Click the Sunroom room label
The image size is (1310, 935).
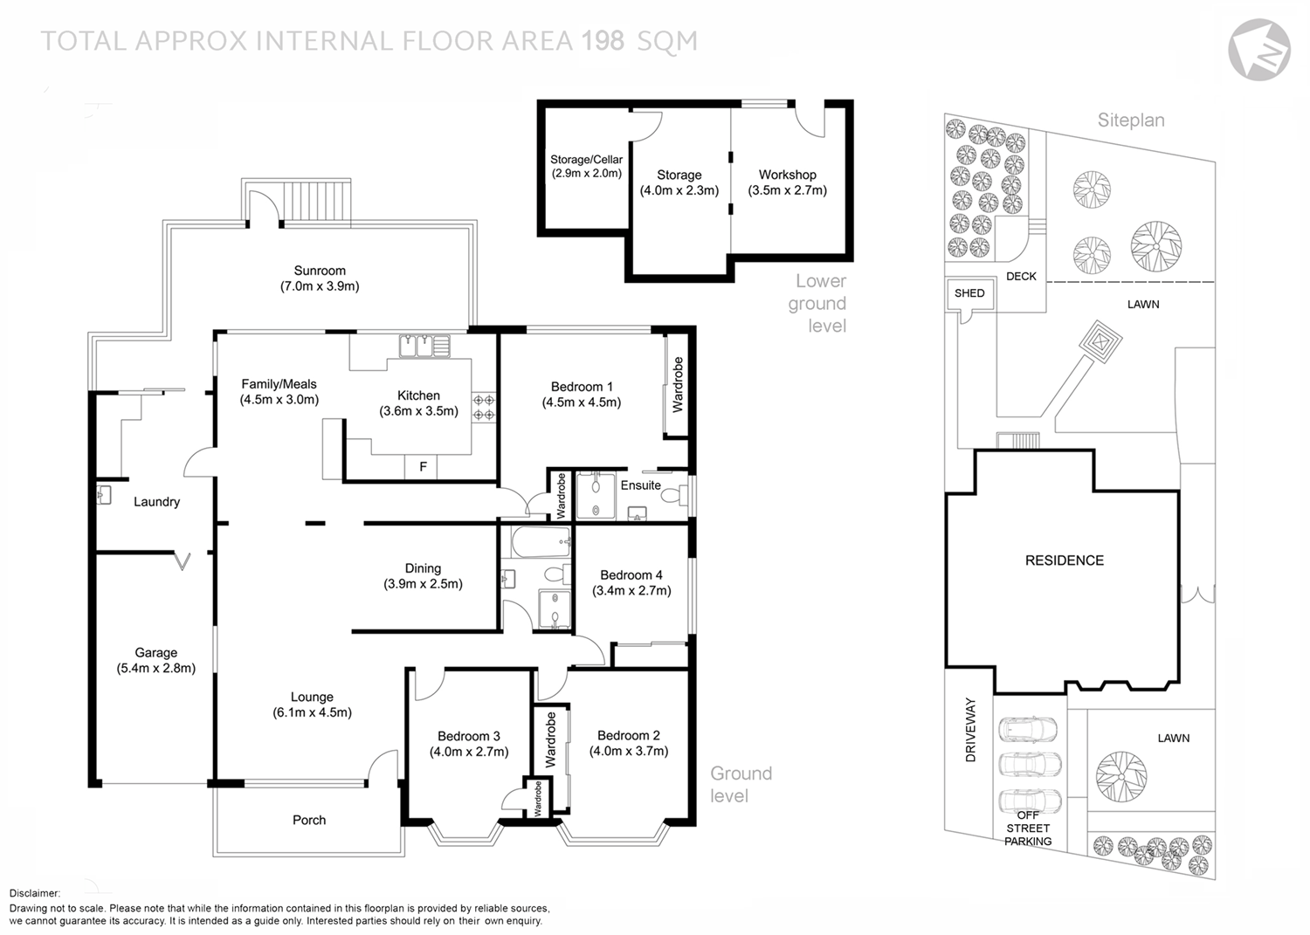click(320, 271)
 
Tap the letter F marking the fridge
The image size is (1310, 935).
click(424, 467)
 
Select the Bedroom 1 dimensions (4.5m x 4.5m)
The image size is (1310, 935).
click(581, 402)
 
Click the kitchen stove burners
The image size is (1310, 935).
click(484, 408)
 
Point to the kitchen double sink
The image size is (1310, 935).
click(424, 347)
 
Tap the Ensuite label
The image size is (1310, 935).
click(640, 485)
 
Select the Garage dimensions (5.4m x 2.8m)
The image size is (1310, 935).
click(156, 669)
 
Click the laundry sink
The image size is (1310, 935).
click(104, 495)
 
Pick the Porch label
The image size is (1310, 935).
click(309, 821)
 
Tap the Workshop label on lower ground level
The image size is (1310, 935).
click(787, 175)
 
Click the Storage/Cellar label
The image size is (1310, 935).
click(586, 160)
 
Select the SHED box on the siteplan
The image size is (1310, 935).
click(969, 293)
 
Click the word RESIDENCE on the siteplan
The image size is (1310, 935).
click(1064, 560)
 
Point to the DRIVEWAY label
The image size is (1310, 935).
click(970, 730)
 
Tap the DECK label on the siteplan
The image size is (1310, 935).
click(1021, 277)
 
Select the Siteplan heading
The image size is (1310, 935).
click(1131, 120)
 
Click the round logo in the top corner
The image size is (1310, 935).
click(1259, 49)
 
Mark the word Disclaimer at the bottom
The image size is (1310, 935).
click(35, 893)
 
